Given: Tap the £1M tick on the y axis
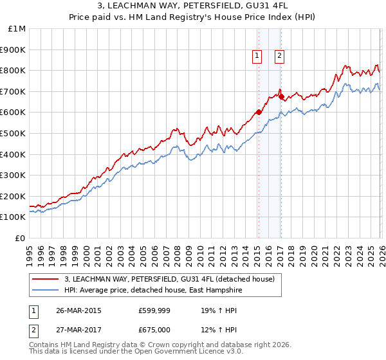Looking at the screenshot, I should [x=17, y=29].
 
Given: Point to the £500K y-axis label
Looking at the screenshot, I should [x=14, y=134].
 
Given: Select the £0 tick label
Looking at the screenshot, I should [x=21, y=238].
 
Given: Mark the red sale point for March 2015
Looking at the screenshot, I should [x=259, y=112].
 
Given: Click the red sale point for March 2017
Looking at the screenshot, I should [x=281, y=96].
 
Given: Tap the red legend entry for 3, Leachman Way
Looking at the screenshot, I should [x=169, y=279].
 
